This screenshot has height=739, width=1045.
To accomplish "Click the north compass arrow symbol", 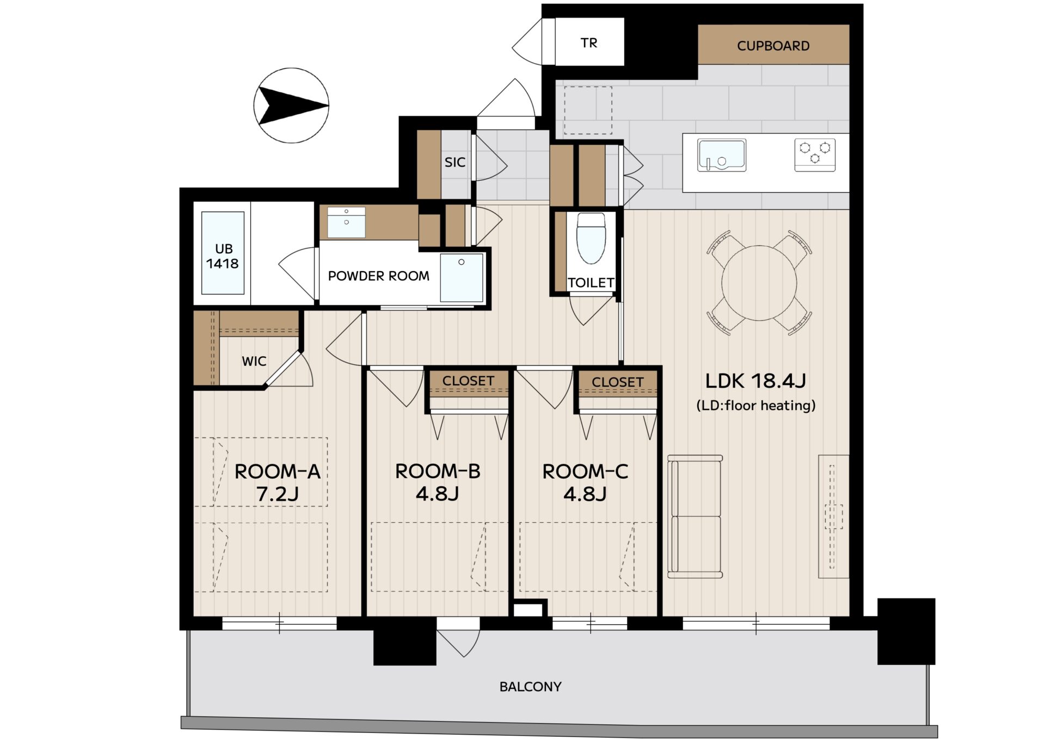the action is pyautogui.click(x=292, y=105).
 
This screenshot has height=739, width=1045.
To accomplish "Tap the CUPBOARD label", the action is pyautogui.click(x=773, y=46).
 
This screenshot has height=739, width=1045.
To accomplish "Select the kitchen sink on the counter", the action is pyautogui.click(x=722, y=155).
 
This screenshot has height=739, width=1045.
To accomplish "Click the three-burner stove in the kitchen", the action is pyautogui.click(x=815, y=155).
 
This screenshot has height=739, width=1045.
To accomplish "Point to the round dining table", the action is pyautogui.click(x=759, y=283).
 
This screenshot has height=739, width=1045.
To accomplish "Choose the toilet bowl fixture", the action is pyautogui.click(x=591, y=238).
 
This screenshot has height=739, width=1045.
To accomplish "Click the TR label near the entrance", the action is pyautogui.click(x=589, y=43).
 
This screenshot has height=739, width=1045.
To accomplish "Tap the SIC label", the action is pyautogui.click(x=455, y=162).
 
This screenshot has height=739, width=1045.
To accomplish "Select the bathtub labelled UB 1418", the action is pyautogui.click(x=223, y=253).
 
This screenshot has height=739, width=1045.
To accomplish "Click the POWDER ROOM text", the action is pyautogui.click(x=378, y=276).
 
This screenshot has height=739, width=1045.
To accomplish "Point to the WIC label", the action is pyautogui.click(x=254, y=361).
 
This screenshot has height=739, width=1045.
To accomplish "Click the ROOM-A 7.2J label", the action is pyautogui.click(x=277, y=483).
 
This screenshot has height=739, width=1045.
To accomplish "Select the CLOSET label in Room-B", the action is pyautogui.click(x=468, y=381).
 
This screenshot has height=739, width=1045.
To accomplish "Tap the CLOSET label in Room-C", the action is pyautogui.click(x=618, y=382).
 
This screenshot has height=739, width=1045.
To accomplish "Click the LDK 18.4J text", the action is pyautogui.click(x=755, y=381).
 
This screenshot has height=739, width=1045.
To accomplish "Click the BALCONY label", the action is pyautogui.click(x=531, y=687).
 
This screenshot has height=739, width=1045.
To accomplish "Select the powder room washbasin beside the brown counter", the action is pyautogui.click(x=346, y=222).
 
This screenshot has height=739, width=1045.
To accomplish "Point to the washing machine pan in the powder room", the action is pyautogui.click(x=462, y=278).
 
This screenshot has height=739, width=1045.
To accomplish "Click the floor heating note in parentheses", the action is pyautogui.click(x=756, y=406).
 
